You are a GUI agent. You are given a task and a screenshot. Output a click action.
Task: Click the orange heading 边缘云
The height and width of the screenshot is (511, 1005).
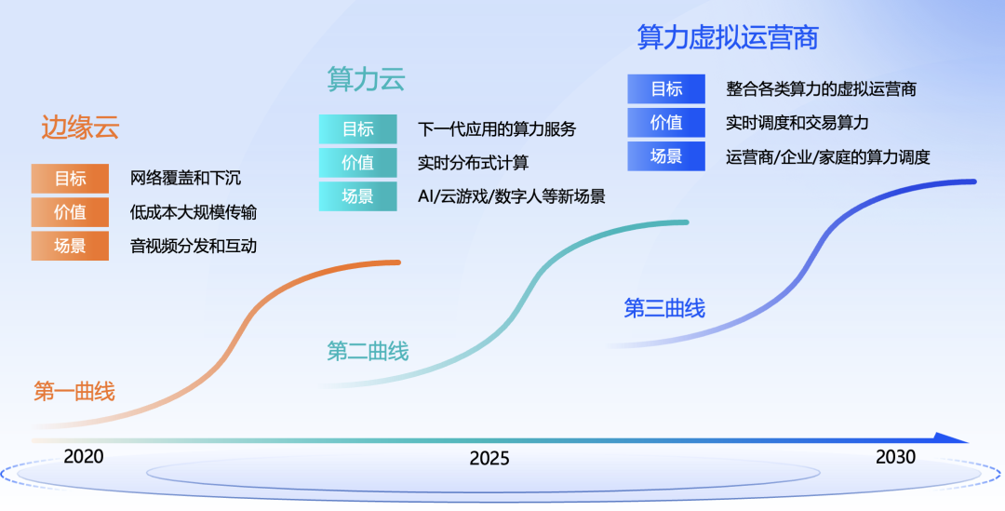point(80,128)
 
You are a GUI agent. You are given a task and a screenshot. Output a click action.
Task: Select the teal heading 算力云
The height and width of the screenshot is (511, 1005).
point(366,79)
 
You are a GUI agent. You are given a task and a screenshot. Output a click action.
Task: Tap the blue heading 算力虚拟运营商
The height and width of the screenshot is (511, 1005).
point(728,37)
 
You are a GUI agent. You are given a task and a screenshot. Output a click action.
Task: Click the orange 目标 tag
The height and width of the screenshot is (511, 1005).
point(70,179)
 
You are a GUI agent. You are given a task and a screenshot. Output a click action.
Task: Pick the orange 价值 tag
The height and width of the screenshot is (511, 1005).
point(70,212)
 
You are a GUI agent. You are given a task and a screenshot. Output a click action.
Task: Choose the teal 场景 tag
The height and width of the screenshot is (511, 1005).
point(357,196)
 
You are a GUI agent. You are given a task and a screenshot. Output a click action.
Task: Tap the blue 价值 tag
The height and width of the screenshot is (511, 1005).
point(665,123)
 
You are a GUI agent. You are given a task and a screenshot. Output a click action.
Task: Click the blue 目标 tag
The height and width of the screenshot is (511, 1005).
point(665,89)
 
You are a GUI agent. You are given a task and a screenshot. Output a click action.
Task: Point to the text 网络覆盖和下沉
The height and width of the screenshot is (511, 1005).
point(185,179)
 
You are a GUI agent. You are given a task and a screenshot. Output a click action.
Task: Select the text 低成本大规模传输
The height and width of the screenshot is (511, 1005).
point(194,212)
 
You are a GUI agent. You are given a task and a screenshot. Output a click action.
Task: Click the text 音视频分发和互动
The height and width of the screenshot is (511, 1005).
point(194,246)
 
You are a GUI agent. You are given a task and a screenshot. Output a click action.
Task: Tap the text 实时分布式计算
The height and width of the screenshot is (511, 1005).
point(473,163)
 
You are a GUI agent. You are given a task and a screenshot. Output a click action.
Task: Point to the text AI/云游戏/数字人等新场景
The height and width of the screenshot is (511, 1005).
point(512,196)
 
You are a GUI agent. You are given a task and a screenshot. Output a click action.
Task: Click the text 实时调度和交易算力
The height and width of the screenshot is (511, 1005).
point(797,123)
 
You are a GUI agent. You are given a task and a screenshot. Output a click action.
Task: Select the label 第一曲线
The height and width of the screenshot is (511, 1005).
point(74,392)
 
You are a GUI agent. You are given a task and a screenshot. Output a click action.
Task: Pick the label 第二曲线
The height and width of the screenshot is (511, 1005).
point(368,351)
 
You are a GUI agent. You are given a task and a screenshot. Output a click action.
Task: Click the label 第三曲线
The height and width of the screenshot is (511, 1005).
point(664,308)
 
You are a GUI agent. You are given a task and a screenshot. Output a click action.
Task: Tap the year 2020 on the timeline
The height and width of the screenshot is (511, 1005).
point(84,457)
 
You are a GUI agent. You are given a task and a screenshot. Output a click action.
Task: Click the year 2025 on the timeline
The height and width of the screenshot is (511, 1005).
point(489,458)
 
